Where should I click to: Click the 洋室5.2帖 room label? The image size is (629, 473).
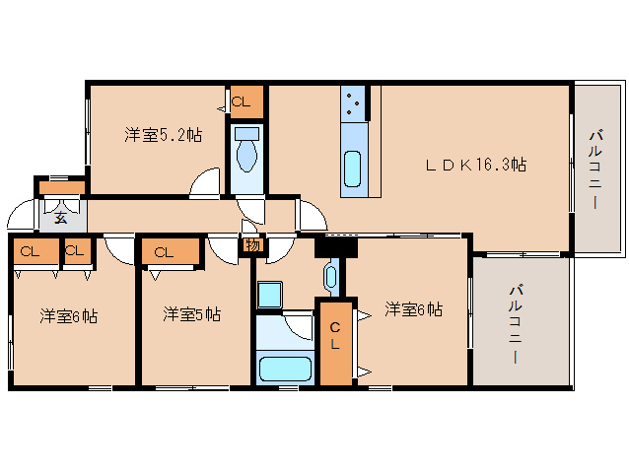(x=163, y=135)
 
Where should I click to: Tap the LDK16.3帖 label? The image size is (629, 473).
(x=475, y=165)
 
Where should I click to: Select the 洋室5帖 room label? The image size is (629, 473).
(x=191, y=315)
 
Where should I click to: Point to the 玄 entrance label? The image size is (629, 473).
(x=61, y=218)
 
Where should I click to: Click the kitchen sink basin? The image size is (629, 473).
(x=353, y=168)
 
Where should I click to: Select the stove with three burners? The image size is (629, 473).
(x=354, y=102)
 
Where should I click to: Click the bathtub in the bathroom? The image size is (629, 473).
(x=285, y=370)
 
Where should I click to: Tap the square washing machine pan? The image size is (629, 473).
(x=270, y=295)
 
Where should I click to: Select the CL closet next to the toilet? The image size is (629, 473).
(x=246, y=101)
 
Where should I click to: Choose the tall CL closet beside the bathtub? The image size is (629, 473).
(x=334, y=341)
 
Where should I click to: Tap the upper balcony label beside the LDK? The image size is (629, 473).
(x=596, y=168)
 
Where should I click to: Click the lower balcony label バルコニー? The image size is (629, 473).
(x=515, y=325)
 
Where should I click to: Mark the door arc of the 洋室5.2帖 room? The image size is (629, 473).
(x=205, y=184)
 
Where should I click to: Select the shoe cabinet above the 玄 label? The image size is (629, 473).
(x=61, y=187)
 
